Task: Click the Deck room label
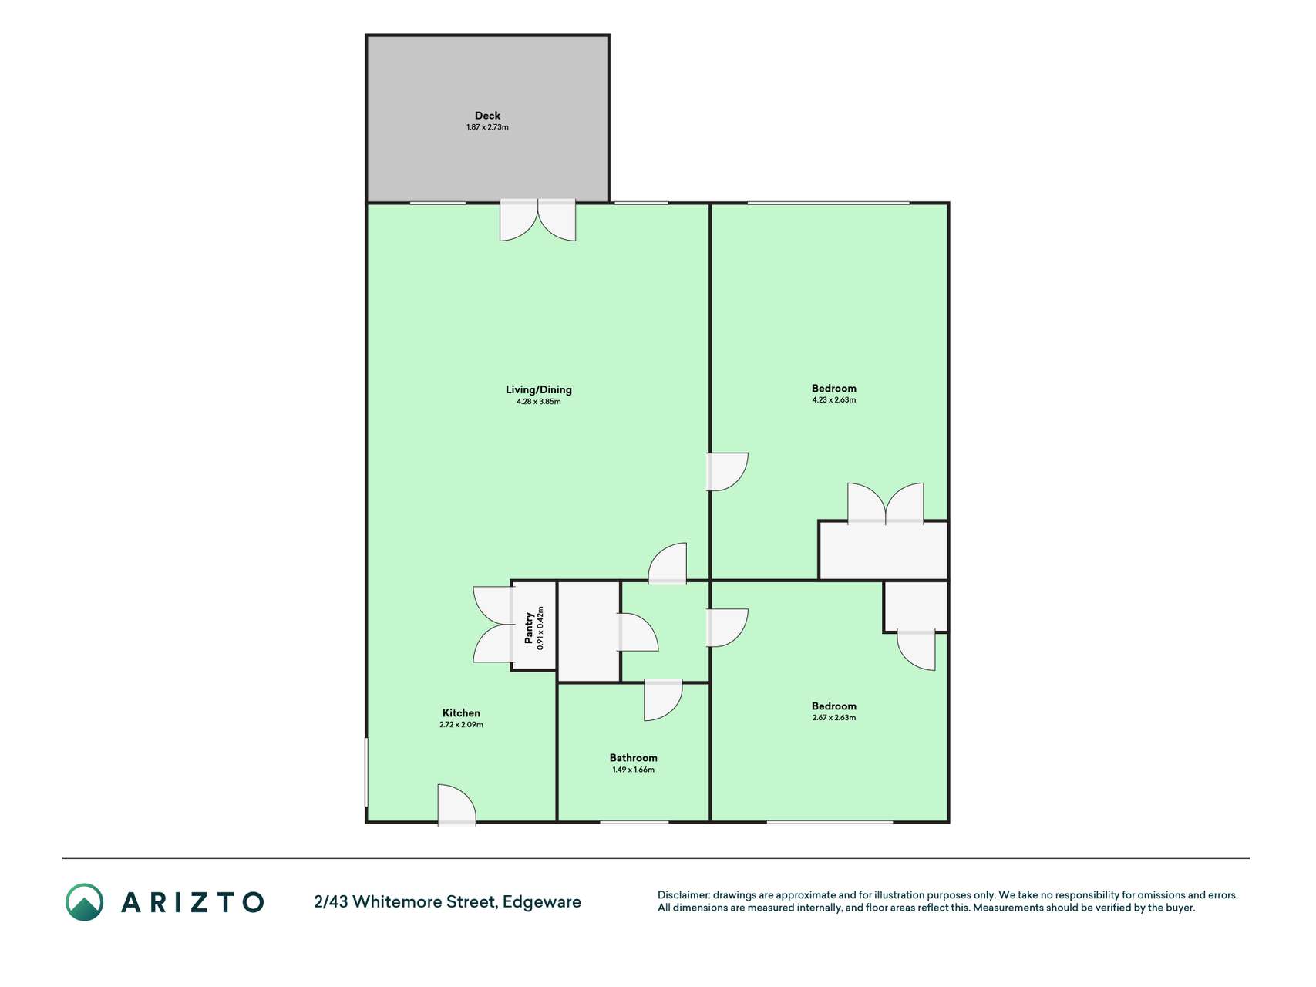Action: (487, 116)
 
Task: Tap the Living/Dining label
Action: (539, 389)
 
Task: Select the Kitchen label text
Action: (461, 713)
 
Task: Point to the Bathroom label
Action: (633, 758)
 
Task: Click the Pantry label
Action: (529, 628)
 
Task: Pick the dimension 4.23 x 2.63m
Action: (834, 400)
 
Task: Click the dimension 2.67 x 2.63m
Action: (834, 718)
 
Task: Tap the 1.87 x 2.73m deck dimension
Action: (487, 127)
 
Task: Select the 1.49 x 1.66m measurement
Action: (633, 770)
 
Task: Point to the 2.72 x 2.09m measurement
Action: (461, 725)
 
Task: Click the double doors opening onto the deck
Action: (537, 220)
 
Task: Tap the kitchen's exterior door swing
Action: (456, 804)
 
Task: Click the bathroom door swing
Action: (663, 699)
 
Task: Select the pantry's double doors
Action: (493, 625)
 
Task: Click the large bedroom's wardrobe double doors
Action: (885, 504)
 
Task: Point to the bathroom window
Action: (634, 822)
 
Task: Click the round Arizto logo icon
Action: (84, 902)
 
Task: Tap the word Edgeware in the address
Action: (542, 902)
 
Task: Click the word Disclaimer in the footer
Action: (683, 895)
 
